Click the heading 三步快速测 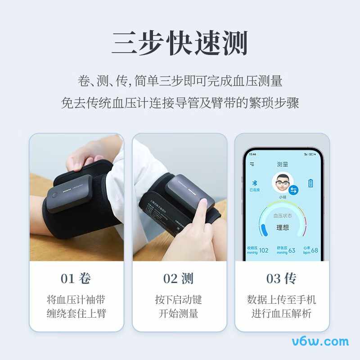click(x=180, y=44)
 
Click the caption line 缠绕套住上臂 click(x=76, y=314)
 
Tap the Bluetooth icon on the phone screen click(x=253, y=183)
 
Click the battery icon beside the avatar click(x=310, y=183)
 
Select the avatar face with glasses click(x=281, y=182)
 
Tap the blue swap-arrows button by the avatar click(x=293, y=190)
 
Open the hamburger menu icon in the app click(x=252, y=164)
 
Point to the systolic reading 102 click(x=264, y=250)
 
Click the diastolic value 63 click(x=292, y=250)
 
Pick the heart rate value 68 click(x=314, y=250)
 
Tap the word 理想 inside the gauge click(x=283, y=228)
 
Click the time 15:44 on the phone click(x=252, y=154)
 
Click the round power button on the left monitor click(x=54, y=195)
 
